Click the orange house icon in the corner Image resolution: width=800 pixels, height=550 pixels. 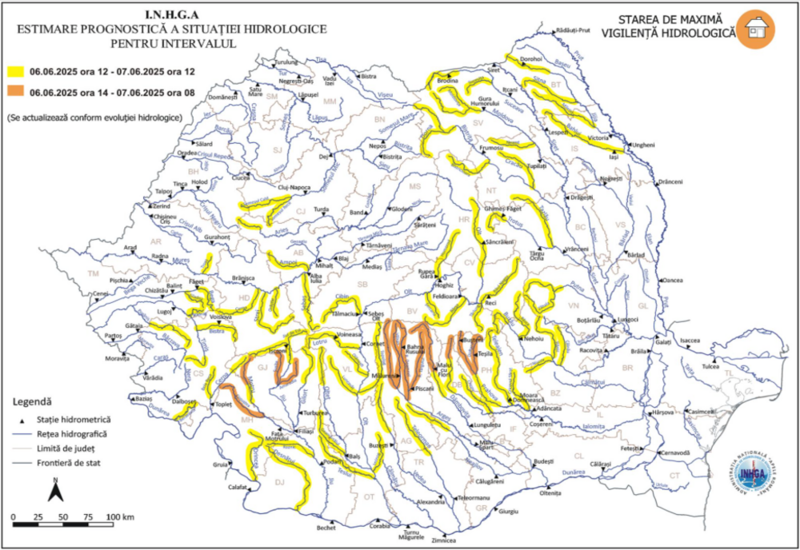click(756, 29)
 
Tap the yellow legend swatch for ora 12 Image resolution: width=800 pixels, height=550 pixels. click(14, 72)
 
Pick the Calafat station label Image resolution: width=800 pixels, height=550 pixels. click(237, 486)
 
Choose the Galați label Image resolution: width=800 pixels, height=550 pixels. click(663, 341)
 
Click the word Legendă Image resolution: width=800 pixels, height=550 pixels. click(34, 401)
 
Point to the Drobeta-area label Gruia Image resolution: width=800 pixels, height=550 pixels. click(219, 464)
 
